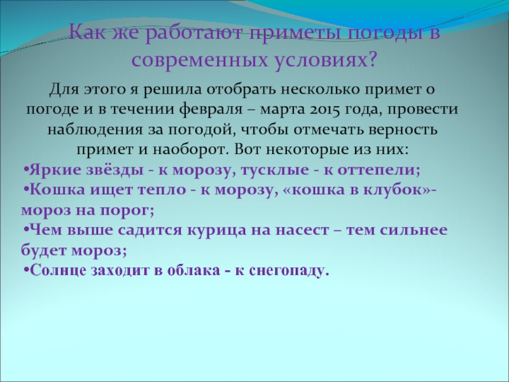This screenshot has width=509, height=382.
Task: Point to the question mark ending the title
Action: tap(373, 60)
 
